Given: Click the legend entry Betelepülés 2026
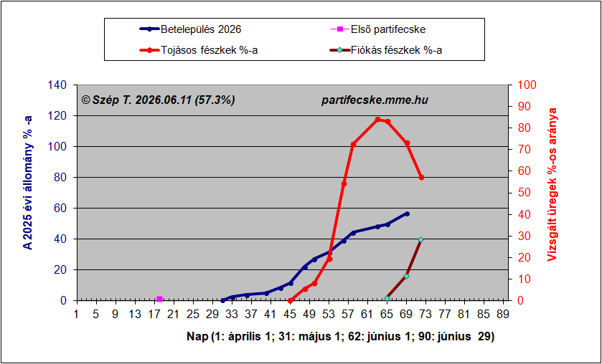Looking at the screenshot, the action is (190, 29).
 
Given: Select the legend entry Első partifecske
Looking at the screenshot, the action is (377, 29).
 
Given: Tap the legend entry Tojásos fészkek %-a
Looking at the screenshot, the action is (199, 50).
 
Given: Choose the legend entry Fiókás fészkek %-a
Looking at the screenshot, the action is (386, 50).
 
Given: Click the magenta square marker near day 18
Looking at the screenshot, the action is (160, 300).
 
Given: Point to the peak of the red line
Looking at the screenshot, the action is (378, 119).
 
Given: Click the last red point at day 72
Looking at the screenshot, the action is (421, 178).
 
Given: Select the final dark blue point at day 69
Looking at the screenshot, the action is (407, 214).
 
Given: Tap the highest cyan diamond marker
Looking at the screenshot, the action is (420, 240).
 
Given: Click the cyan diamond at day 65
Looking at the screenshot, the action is (387, 298).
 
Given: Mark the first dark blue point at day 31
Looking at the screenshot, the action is (222, 300).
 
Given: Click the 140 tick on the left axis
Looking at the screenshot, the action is (57, 85).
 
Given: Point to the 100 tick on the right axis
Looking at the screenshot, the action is (526, 85).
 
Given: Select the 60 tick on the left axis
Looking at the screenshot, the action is (61, 209).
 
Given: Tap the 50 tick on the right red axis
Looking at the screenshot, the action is (522, 193).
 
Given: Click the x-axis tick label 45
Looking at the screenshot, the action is (290, 315).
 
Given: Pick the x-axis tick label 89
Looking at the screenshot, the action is (503, 315).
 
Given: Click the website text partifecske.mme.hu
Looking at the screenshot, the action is (375, 100).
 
